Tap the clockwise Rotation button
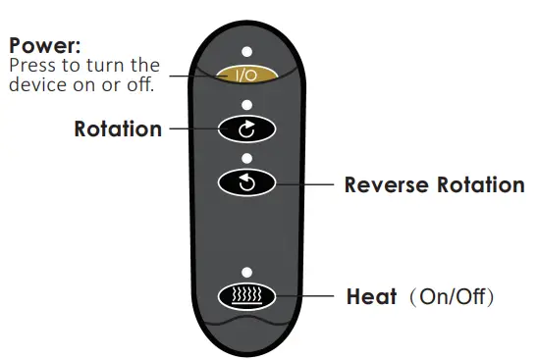(x=246, y=129)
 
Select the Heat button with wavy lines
(x=246, y=295)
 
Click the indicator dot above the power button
(x=246, y=49)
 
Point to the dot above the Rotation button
(x=246, y=104)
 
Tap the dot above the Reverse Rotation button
(x=246, y=157)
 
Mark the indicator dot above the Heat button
(x=246, y=271)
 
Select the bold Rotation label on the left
(x=118, y=129)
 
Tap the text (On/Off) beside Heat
(x=451, y=295)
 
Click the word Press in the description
(x=30, y=65)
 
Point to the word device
(x=34, y=83)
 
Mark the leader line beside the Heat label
(x=315, y=295)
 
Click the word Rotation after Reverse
(x=480, y=184)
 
